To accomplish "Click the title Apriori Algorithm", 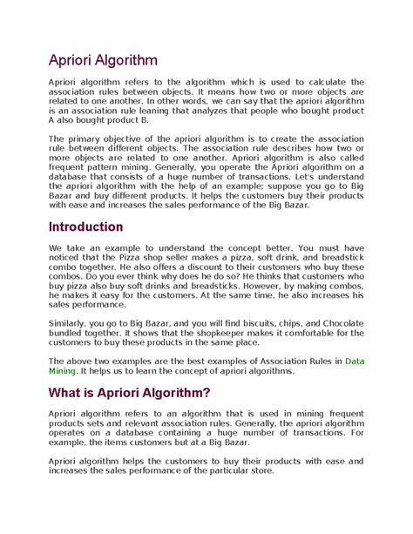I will (102, 60).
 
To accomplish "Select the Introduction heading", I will (85, 226).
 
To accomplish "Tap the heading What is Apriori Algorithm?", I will (129, 392).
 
